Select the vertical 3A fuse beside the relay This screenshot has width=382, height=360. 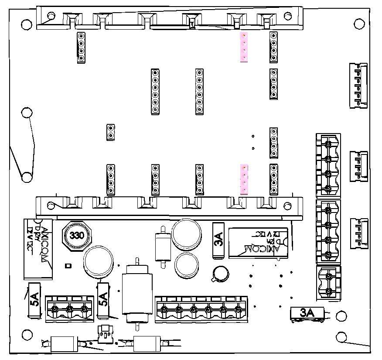tap(218, 240)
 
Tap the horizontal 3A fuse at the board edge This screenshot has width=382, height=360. tap(307, 313)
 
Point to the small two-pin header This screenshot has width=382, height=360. tap(110, 132)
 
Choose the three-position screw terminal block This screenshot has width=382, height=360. tap(69, 309)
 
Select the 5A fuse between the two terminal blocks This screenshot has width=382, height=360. tap(103, 300)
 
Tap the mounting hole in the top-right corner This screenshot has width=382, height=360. tap(359, 24)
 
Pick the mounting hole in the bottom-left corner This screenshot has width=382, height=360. tap(27, 335)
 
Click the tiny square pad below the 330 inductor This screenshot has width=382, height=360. tap(68, 265)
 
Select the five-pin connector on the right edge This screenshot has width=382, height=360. tap(358, 85)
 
